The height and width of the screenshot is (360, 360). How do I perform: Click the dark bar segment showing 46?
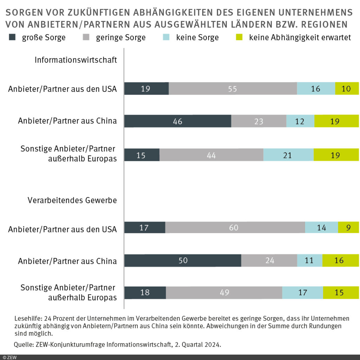tap(178, 121)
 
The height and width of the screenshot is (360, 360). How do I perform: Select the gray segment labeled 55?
tap(233, 89)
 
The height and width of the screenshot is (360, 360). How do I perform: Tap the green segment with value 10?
tap(347, 89)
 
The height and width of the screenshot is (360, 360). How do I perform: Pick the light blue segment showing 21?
tap(288, 155)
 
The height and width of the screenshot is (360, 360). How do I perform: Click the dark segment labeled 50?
tap(183, 261)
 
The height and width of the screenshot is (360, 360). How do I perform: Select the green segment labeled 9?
tap(348, 227)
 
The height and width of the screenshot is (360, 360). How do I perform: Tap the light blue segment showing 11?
tap(309, 261)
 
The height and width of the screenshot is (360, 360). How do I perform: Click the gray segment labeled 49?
tap(224, 292)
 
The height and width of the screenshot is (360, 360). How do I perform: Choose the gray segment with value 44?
tap(211, 155)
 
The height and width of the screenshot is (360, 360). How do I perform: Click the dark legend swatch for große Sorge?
tap(13, 37)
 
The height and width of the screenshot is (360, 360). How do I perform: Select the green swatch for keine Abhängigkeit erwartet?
tap(240, 37)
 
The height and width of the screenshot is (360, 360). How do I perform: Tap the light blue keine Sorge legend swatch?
tap(167, 37)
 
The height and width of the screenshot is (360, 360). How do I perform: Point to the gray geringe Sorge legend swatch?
tap(86, 37)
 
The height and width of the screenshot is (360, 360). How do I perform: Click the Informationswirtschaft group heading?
tap(76, 60)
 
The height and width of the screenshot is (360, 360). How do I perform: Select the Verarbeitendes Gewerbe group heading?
tap(72, 200)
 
